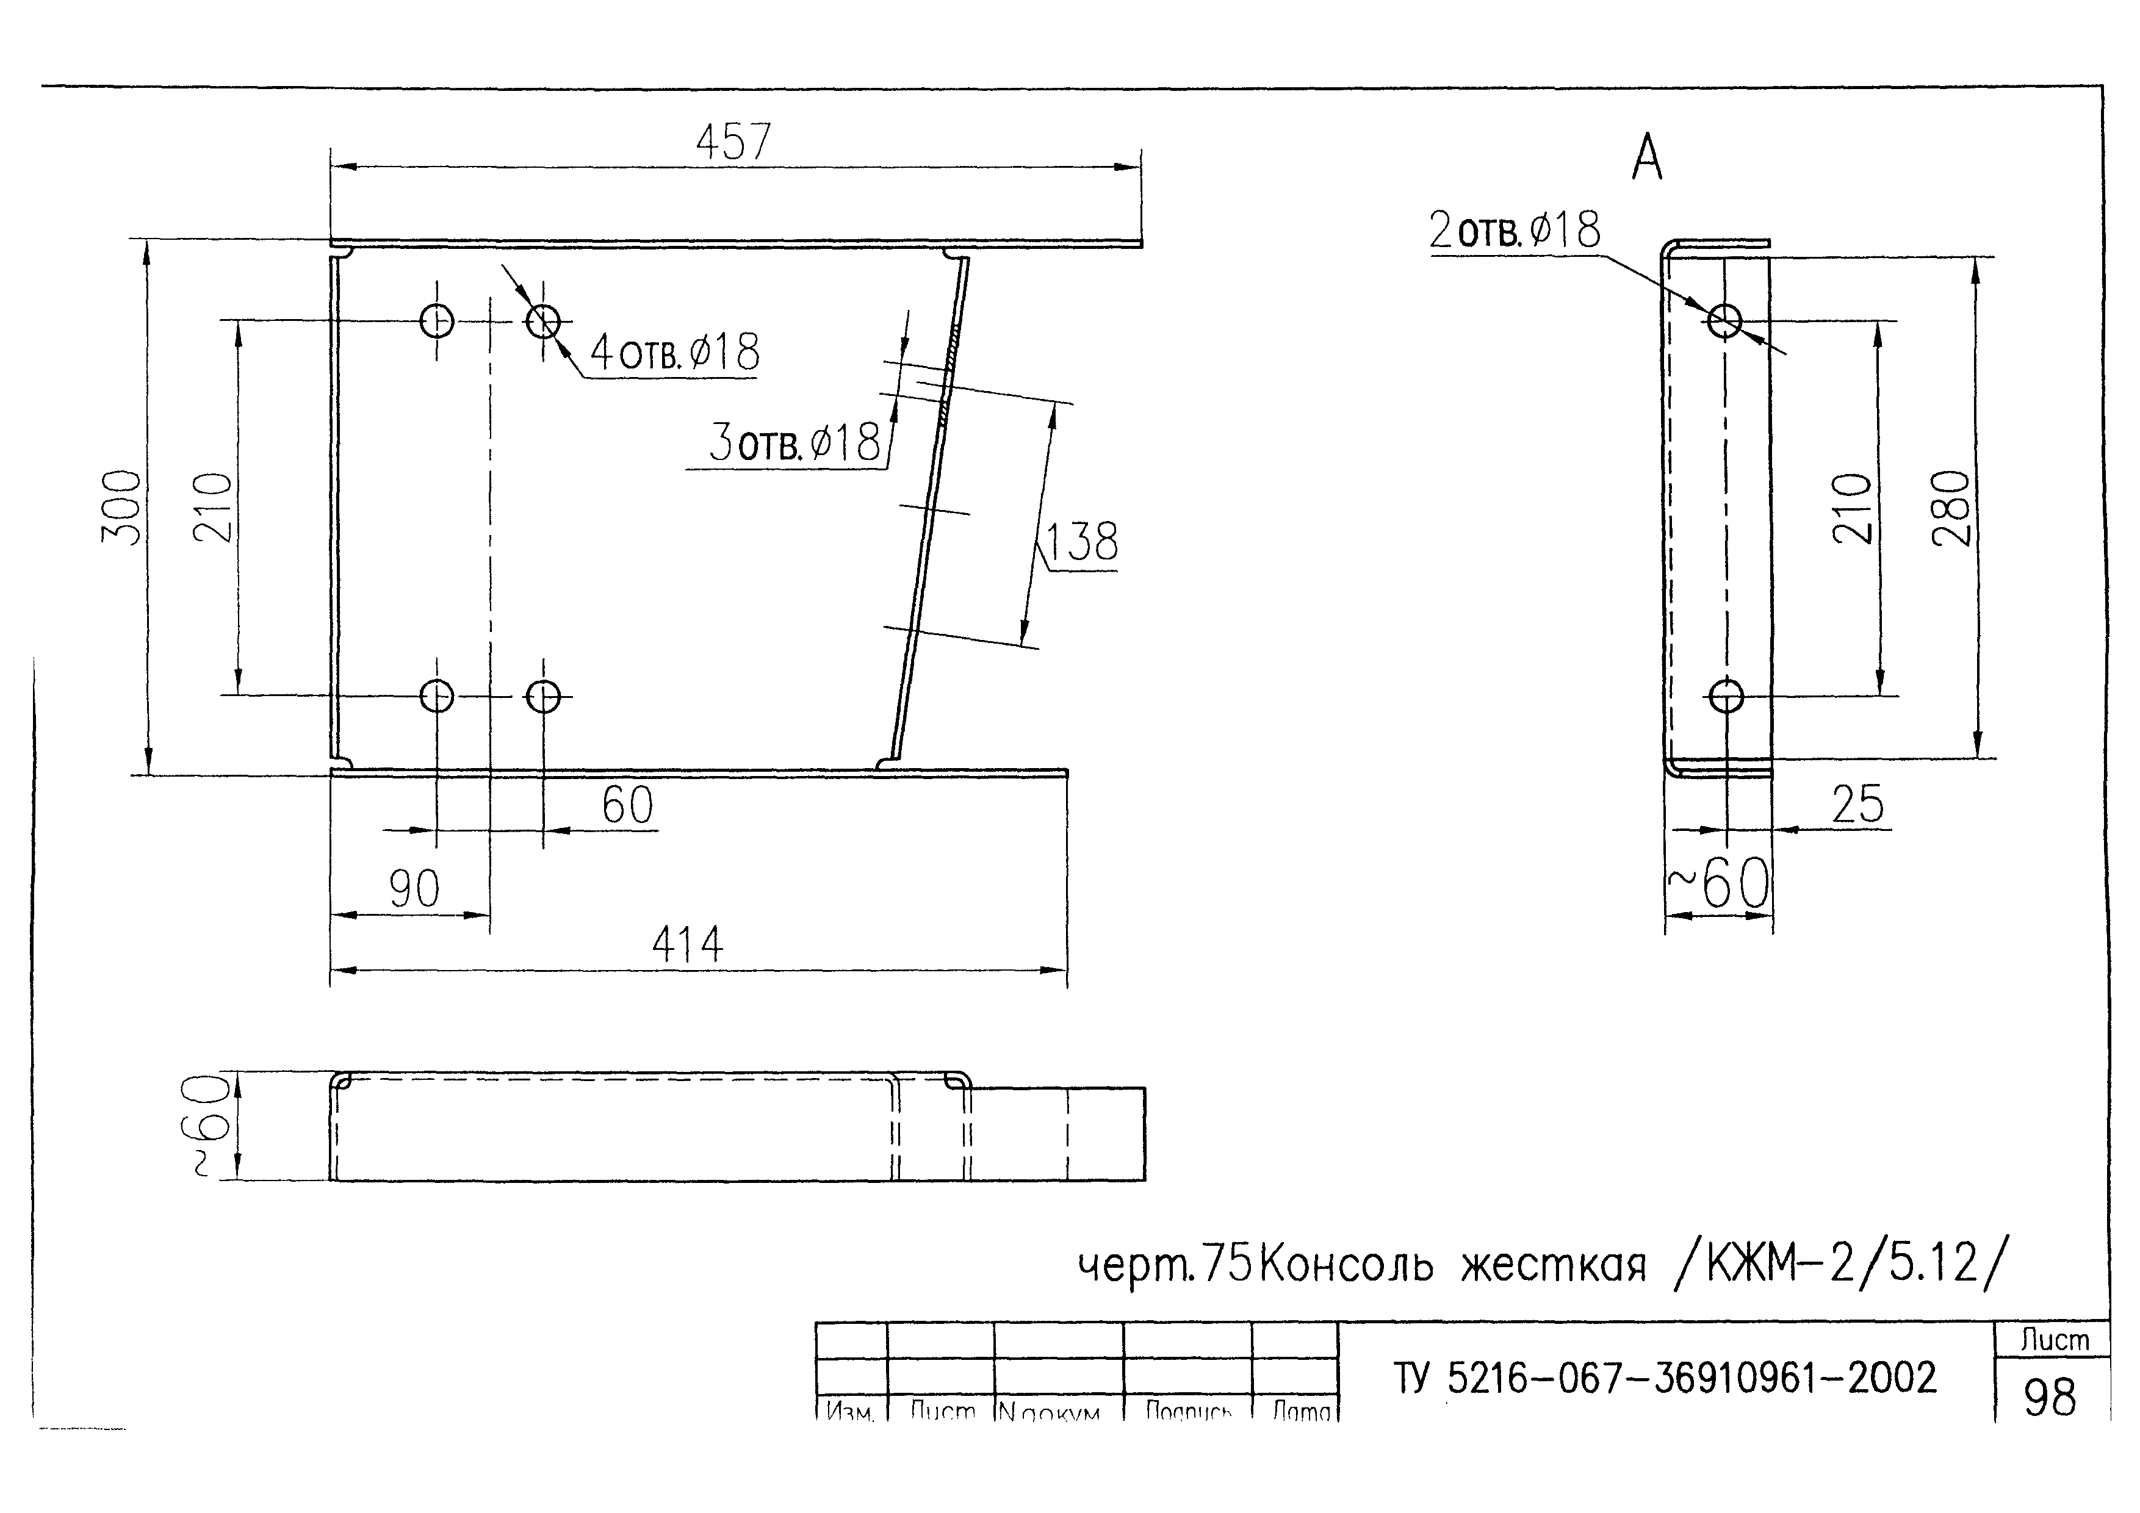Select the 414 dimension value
(687, 944)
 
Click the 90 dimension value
(414, 889)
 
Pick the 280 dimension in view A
(1951, 508)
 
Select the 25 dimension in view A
(1857, 804)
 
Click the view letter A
(1647, 159)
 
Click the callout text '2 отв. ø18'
(1515, 230)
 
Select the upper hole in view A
(1725, 320)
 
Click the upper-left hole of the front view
(437, 322)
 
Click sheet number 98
(2050, 1398)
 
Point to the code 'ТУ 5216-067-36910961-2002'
(1665, 1378)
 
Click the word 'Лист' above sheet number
(2054, 1340)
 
